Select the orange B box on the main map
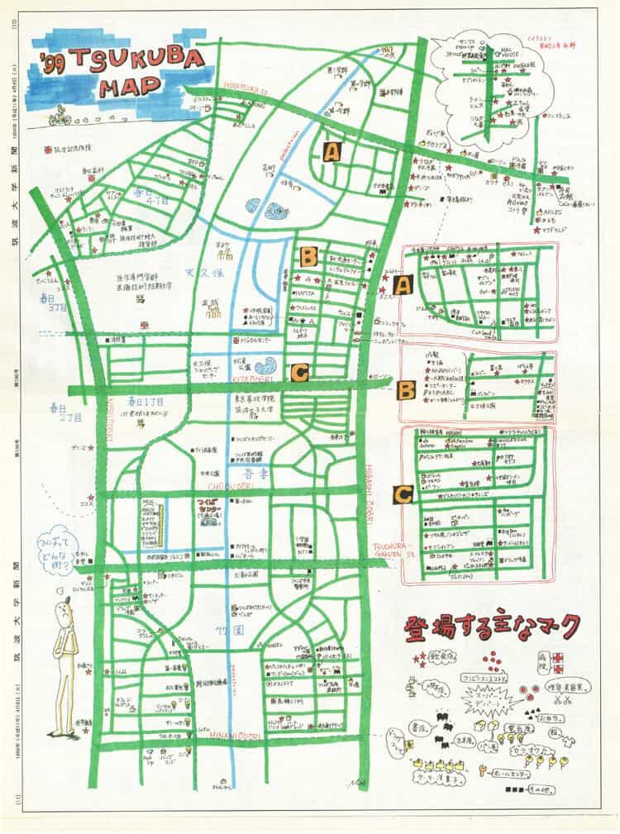point(308,256)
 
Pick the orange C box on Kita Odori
point(299,373)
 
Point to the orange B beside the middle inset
point(405,389)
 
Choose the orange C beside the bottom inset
point(403,494)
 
